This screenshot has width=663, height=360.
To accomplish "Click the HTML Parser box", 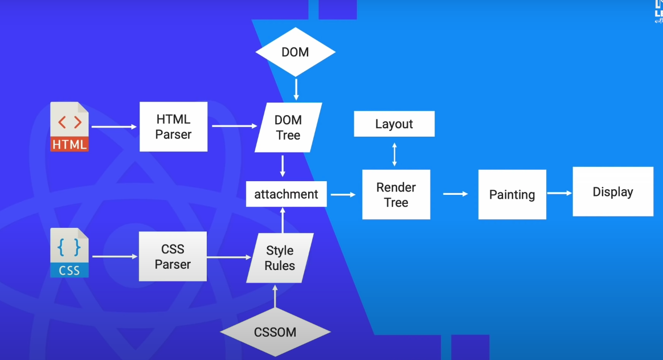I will [x=173, y=127].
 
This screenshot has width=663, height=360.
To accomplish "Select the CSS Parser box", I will [x=173, y=256].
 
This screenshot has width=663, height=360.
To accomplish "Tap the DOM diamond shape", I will [x=295, y=52].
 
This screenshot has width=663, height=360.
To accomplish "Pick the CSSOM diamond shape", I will [x=275, y=332].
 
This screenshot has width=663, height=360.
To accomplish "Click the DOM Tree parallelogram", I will [x=288, y=128].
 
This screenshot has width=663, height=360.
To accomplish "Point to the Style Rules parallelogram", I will [x=280, y=258].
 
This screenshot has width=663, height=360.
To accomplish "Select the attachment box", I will [x=286, y=194].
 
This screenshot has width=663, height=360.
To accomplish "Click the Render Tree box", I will [x=396, y=195].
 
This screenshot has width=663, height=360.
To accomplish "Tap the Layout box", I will [x=394, y=124].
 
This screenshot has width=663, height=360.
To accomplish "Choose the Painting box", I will [x=512, y=195].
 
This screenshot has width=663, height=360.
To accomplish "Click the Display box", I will [x=612, y=192].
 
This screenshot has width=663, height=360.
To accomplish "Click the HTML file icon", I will [x=69, y=127].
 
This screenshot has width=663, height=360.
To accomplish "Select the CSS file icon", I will [x=69, y=253].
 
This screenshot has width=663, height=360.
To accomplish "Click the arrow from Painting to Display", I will [x=559, y=193].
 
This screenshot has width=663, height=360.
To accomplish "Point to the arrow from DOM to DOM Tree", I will [x=296, y=90].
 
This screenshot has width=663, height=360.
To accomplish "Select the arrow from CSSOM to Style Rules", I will [x=275, y=296].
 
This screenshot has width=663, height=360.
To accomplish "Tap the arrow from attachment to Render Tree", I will [x=343, y=195].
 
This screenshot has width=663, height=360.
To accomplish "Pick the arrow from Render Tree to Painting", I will [x=455, y=194].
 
